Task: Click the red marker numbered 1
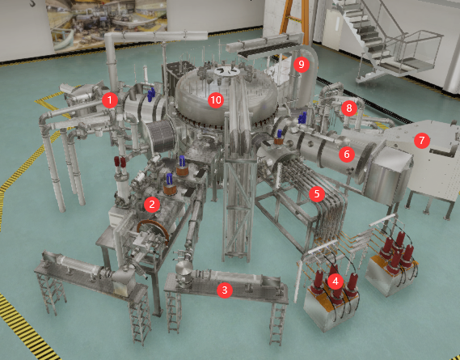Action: tap(110, 100)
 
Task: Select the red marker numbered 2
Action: tap(152, 204)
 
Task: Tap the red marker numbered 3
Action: tap(225, 290)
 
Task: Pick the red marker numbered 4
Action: tap(336, 282)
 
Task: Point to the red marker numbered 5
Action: tap(317, 194)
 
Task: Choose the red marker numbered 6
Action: tap(347, 154)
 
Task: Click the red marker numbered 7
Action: tap(422, 140)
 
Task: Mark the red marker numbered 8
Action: tap(348, 108)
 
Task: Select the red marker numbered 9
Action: tap(302, 64)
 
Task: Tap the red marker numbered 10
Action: tap(216, 100)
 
